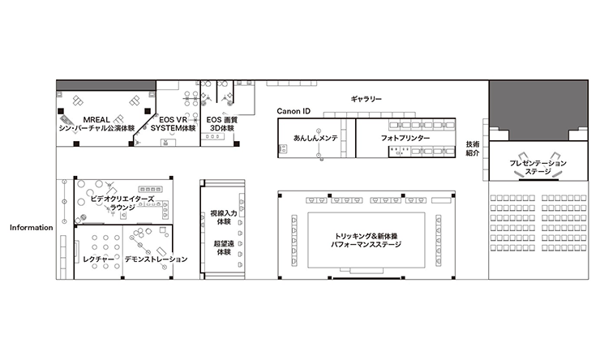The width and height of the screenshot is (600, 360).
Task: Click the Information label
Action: click(32, 228)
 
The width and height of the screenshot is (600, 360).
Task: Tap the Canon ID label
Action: click(294, 111)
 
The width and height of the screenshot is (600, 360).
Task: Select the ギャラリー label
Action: click(366, 99)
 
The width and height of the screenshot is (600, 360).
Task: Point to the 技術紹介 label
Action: click(473, 148)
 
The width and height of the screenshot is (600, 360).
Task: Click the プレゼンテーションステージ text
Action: click(538, 167)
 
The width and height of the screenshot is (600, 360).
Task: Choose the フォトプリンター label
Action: click(405, 138)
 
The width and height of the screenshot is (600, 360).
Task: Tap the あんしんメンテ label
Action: click(315, 138)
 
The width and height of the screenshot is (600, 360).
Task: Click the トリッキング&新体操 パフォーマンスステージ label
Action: click(366, 240)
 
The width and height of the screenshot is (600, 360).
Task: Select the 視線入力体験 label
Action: click(224, 217)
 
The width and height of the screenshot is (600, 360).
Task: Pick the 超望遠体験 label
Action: click(224, 248)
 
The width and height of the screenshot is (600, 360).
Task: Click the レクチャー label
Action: click(98, 259)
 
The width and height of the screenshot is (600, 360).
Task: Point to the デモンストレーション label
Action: click(156, 259)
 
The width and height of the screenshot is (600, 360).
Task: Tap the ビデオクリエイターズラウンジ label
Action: click(122, 203)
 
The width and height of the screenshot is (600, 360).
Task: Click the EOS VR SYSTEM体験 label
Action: click(173, 124)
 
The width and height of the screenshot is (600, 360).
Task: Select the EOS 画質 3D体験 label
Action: click(222, 124)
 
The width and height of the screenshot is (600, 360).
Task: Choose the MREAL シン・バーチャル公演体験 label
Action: click(96, 124)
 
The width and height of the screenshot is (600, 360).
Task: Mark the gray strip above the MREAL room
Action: click(106, 85)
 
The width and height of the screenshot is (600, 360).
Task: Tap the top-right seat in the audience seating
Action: click(583, 198)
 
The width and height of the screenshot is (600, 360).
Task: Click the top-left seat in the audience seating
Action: click(494, 198)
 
